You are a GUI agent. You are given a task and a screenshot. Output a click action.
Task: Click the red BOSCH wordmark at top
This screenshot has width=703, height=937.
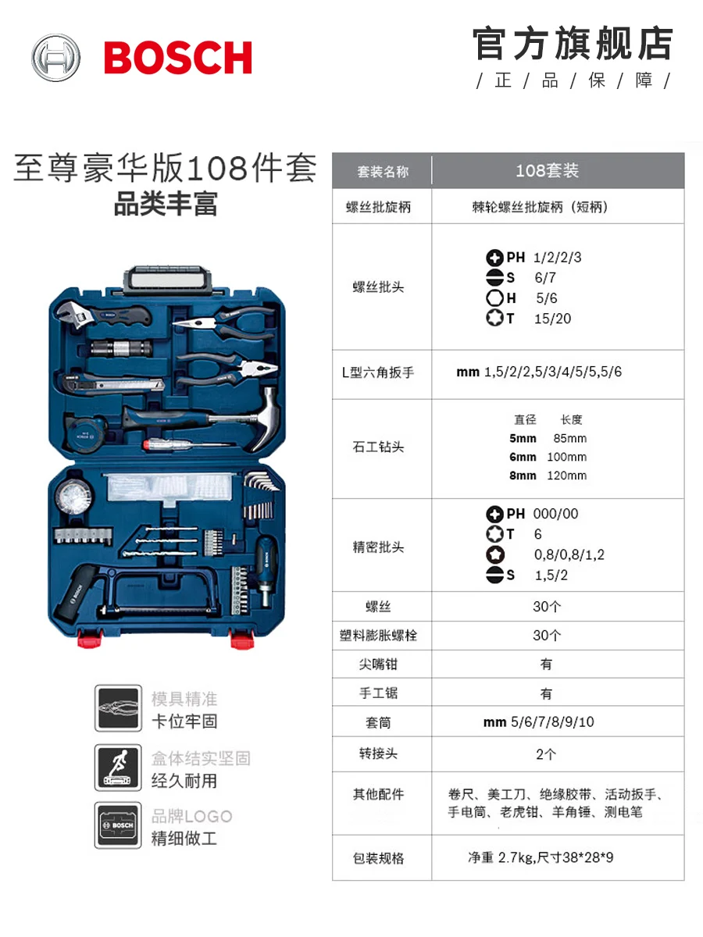tap(178, 58)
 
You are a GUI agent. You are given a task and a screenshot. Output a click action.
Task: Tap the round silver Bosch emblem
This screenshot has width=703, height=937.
tap(56, 58)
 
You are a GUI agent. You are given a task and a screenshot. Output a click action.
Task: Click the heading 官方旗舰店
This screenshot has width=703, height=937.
tap(573, 43)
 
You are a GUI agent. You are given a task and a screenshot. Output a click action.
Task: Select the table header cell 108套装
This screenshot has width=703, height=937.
tap(548, 171)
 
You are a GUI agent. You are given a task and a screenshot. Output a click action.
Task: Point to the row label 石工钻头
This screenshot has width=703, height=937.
tap(378, 447)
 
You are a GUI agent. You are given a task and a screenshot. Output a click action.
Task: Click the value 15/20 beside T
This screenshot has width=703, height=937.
tap(553, 319)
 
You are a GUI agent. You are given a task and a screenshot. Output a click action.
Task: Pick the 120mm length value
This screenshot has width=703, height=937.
tap(567, 475)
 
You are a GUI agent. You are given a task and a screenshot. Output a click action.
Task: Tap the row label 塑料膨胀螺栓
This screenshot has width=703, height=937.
tap(378, 635)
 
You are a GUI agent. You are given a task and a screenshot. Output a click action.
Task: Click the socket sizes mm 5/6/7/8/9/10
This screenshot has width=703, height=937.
tap(539, 721)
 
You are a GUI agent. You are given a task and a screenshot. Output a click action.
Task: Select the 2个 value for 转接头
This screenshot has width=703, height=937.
tap(546, 754)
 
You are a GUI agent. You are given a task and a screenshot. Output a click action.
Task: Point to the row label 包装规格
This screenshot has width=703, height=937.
tap(378, 858)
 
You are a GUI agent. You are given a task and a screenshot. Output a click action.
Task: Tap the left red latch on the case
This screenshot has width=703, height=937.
tap(90, 638)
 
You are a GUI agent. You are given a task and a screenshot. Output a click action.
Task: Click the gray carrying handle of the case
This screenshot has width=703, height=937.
tap(169, 281)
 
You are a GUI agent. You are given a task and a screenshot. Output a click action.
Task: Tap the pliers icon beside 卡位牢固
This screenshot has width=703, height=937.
tap(118, 708)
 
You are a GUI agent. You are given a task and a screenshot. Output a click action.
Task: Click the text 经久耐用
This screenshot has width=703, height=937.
tap(184, 781)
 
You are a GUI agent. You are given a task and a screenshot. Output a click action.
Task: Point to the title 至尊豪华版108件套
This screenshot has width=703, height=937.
tap(166, 168)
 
